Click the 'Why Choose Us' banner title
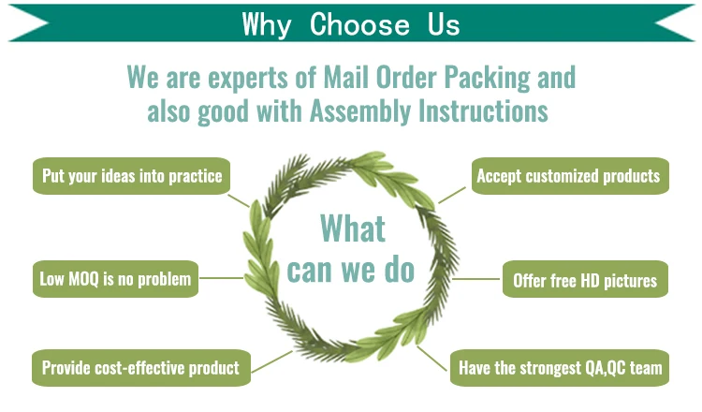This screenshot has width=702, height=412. click(351, 22)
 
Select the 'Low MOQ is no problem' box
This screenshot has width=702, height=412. click(115, 278)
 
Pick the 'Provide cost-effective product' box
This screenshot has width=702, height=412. click(139, 368)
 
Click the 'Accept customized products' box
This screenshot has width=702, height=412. click(569, 175)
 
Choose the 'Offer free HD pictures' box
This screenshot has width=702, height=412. click(585, 279)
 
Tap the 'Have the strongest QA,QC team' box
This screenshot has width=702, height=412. click(560, 368)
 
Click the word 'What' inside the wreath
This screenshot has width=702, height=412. click(352, 228)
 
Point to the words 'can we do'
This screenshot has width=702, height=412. click(350, 269)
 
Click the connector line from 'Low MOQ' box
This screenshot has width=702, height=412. click(222, 277)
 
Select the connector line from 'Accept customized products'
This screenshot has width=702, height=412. click(451, 195)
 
